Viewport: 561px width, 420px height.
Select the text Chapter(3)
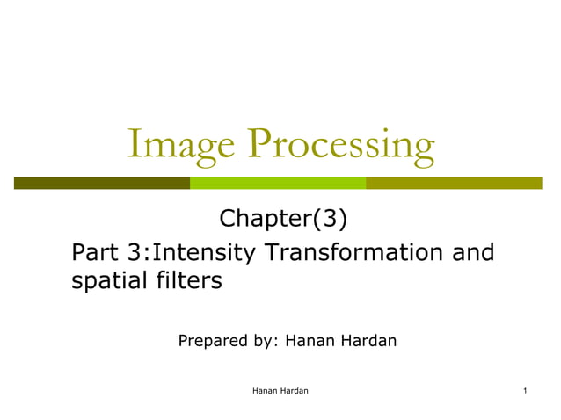point(279,217)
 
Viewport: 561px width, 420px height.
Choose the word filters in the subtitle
point(185,282)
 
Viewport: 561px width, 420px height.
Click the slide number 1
point(524,389)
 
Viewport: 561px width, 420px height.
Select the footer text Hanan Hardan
point(280,389)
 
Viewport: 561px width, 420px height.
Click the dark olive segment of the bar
point(102,183)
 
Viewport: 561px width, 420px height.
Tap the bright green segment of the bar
point(278,183)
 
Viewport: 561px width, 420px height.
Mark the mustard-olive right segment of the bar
point(454,183)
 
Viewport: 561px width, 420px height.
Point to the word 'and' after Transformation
point(473,253)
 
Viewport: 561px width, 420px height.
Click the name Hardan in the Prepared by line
point(369,339)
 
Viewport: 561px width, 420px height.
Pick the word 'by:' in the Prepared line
point(263,339)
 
